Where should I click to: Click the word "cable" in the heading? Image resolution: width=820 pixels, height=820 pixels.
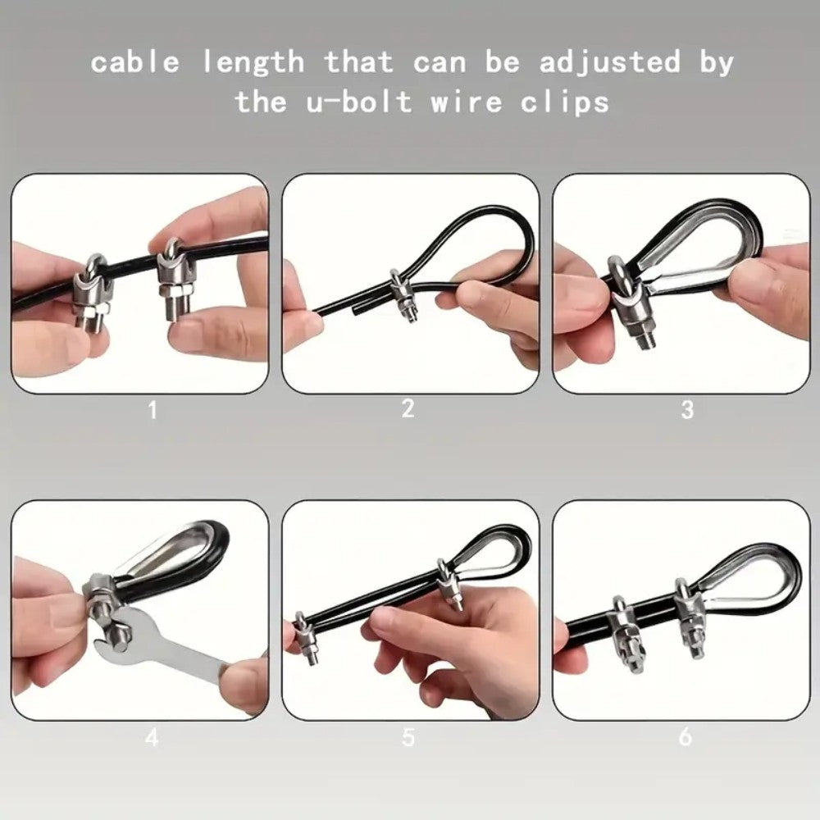point(135,61)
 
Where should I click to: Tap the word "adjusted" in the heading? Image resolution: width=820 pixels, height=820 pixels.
point(609,63)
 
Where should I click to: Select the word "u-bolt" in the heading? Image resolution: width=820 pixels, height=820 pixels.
point(359,101)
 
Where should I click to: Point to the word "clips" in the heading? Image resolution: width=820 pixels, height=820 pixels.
point(565,102)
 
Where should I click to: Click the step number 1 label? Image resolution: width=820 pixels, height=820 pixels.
point(153,410)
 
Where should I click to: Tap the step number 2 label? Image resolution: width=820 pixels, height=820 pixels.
point(408,408)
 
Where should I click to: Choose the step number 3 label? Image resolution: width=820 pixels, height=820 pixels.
point(688,409)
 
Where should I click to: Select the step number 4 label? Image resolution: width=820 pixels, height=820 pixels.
point(152,737)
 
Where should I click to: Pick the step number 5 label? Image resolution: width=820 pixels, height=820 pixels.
point(408,737)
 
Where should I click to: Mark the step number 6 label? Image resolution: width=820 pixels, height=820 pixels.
point(685,737)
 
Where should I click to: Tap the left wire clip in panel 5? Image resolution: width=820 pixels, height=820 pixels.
point(306,638)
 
